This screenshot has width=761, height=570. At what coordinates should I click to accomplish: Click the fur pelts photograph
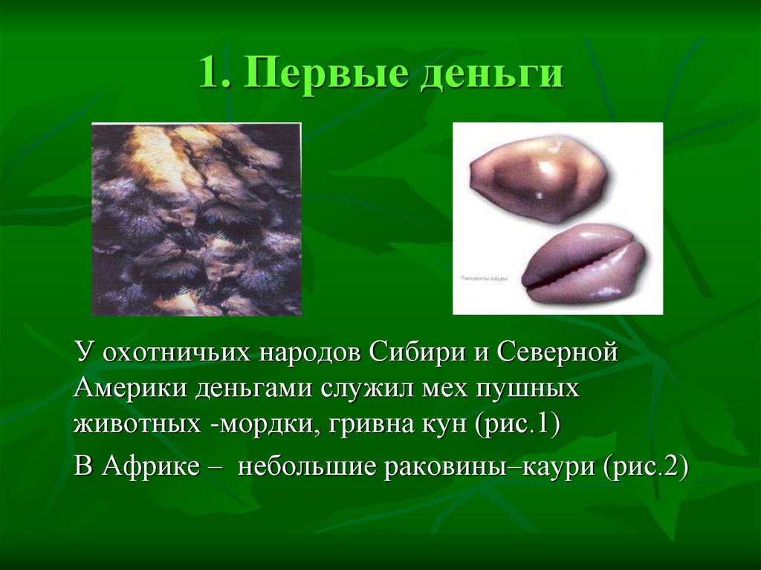click(196, 219)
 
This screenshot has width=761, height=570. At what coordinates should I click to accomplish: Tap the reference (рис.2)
click(647, 469)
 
